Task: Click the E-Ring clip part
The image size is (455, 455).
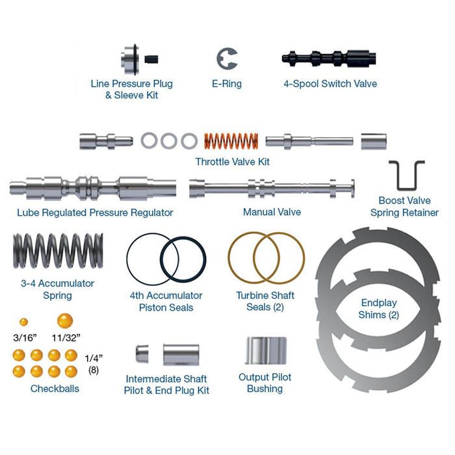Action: click(x=225, y=58)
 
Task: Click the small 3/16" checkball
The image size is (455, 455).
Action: click(x=23, y=322)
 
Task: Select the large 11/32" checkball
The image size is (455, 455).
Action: click(x=65, y=320)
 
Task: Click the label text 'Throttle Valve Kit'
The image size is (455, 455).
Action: click(x=232, y=161)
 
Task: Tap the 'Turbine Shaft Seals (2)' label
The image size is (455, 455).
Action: click(x=265, y=301)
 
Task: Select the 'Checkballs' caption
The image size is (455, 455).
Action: click(x=55, y=389)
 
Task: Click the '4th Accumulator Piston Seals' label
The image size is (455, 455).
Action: click(x=166, y=301)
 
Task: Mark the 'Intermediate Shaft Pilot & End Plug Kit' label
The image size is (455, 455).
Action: click(x=166, y=384)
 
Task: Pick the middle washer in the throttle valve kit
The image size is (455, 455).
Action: click(x=169, y=140)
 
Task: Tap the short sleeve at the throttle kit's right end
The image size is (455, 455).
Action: click(x=374, y=141)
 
